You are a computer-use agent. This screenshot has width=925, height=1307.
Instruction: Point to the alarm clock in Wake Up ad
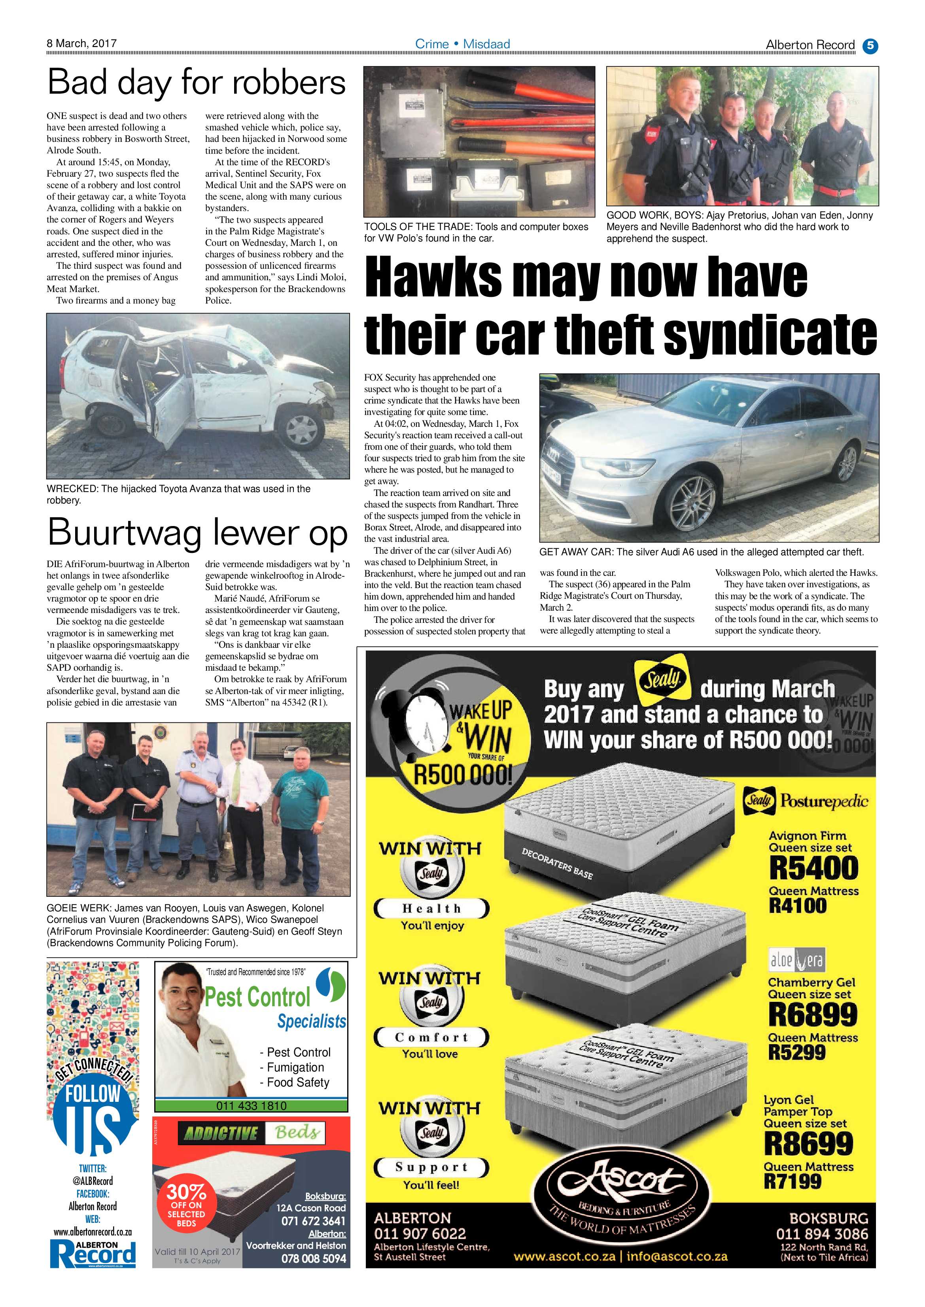pyautogui.click(x=424, y=725)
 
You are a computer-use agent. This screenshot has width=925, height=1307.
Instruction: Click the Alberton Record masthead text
pyautogui.click(x=810, y=45)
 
